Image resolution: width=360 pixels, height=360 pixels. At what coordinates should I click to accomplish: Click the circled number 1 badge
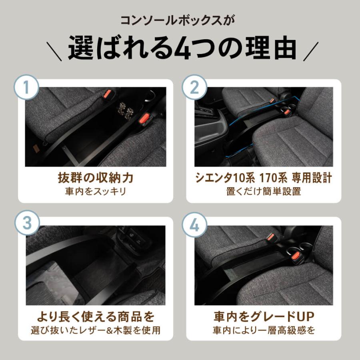pyautogui.click(x=26, y=88)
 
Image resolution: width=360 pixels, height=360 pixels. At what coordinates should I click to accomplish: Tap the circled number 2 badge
pyautogui.click(x=194, y=88)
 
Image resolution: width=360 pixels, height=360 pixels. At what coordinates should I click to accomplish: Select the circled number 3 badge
pyautogui.click(x=27, y=223)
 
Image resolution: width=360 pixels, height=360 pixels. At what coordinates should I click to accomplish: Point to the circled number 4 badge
pyautogui.click(x=194, y=225)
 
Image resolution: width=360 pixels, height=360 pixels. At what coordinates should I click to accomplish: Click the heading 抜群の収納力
pyautogui.click(x=96, y=178)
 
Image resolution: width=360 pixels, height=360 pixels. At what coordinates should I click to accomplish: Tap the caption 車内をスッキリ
pyautogui.click(x=96, y=191)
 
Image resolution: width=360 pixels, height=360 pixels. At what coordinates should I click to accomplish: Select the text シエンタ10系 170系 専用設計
pyautogui.click(x=264, y=178)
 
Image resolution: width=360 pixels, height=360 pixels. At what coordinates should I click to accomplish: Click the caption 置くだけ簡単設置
pyautogui.click(x=264, y=191)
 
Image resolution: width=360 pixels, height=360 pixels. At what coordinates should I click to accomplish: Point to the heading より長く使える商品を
pyautogui.click(x=96, y=317)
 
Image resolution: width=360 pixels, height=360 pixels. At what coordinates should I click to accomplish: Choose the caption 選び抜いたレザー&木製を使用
pyautogui.click(x=96, y=330)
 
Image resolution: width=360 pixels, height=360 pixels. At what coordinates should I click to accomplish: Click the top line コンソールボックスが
pyautogui.click(x=178, y=20)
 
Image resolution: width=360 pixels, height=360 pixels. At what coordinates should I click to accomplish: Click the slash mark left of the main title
pyautogui.click(x=54, y=52)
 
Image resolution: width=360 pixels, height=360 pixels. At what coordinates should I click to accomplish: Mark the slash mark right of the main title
pyautogui.click(x=311, y=52)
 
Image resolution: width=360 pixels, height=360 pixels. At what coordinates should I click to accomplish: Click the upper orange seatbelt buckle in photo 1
pyautogui.click(x=107, y=94)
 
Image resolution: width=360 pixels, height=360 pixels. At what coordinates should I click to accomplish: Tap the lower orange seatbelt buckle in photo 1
pyautogui.click(x=145, y=119)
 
